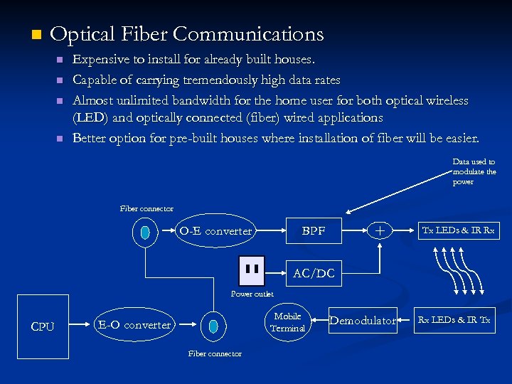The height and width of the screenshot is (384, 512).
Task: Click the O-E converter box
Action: click(215, 231)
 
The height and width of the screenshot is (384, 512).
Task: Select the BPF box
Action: click(314, 231)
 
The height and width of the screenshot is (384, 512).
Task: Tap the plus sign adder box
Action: click(381, 231)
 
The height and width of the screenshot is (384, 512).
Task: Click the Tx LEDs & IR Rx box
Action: click(459, 230)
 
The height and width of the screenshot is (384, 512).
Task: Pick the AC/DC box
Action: click(314, 273)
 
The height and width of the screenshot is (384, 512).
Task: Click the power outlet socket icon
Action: click(251, 271)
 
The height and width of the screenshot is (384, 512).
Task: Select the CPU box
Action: click(43, 326)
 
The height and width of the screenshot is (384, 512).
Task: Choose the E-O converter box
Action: click(134, 325)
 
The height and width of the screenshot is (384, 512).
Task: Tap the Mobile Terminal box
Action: click(288, 322)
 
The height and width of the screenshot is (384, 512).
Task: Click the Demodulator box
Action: click(363, 321)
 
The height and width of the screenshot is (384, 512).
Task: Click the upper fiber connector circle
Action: click(145, 233)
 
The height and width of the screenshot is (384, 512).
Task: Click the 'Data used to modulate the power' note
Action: click(474, 172)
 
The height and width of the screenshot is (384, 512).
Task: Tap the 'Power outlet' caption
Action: click(252, 294)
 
